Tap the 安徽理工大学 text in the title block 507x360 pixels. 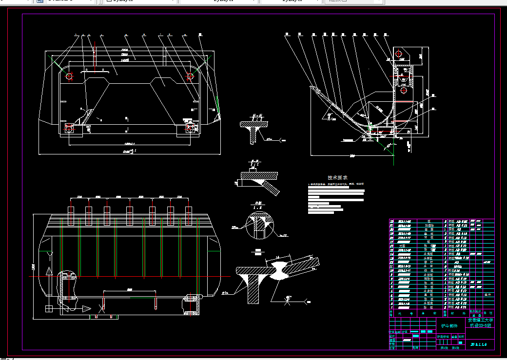tap(480, 321)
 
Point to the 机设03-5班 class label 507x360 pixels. tap(480, 326)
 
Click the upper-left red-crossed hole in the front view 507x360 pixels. tap(68, 76)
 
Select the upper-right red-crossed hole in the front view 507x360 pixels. tap(190, 76)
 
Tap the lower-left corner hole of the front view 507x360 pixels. tap(69, 129)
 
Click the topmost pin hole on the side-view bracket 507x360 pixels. tap(398, 53)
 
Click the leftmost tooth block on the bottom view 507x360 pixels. tap(70, 216)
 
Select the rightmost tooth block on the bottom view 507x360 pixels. tap(189, 216)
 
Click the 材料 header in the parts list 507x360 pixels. tap(457, 314)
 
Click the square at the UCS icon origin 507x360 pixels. tap(48, 308)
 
